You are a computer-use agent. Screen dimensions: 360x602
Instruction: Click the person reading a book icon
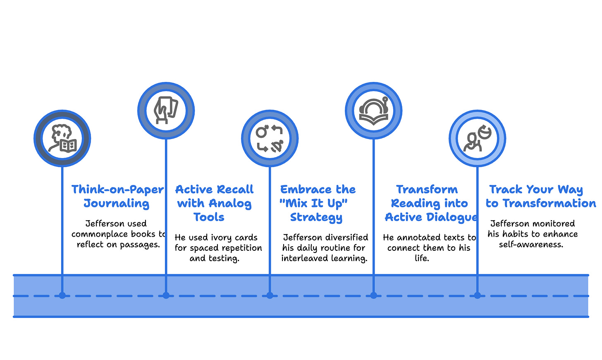pyautogui.click(x=62, y=139)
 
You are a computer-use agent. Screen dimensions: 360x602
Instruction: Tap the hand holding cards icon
pyautogui.click(x=166, y=110)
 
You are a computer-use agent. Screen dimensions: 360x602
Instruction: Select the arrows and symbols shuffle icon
pyautogui.click(x=270, y=139)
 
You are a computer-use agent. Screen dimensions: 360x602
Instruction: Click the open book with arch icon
pyautogui.click(x=373, y=110)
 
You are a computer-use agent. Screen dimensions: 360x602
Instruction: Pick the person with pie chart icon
pyautogui.click(x=478, y=139)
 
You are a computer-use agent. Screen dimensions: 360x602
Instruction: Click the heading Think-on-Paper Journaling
pyautogui.click(x=117, y=196)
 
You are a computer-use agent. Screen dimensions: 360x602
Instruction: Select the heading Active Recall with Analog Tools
pyautogui.click(x=214, y=203)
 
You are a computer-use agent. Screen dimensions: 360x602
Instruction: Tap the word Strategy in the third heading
pyautogui.click(x=316, y=217)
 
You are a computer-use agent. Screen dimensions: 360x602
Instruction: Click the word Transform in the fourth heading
pyautogui.click(x=427, y=190)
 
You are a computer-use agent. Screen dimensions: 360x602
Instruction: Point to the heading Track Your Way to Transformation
pyautogui.click(x=540, y=196)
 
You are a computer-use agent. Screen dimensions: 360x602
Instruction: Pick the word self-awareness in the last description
pyautogui.click(x=531, y=245)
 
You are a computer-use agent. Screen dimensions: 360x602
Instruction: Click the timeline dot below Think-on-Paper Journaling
pyautogui.click(x=62, y=295)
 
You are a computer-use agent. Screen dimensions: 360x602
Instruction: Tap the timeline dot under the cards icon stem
pyautogui.click(x=166, y=295)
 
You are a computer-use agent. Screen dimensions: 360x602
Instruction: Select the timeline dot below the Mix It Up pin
pyautogui.click(x=270, y=295)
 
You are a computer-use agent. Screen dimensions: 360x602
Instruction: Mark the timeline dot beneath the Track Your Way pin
pyautogui.click(x=477, y=295)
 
